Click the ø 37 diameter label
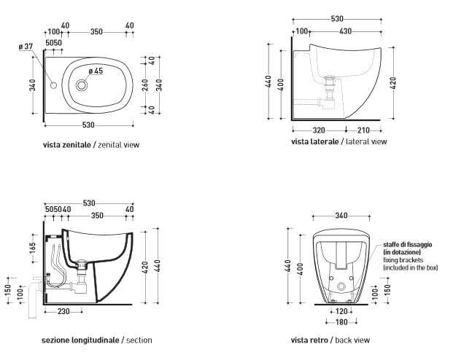26,46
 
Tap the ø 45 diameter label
96,71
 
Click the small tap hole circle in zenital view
53,85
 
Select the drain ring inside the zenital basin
82,85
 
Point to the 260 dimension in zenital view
145,85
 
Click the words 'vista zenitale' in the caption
67,144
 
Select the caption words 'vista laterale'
315,141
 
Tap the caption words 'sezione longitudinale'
80,340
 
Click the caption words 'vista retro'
309,340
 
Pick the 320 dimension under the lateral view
319,130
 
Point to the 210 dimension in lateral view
363,130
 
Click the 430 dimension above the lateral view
345,31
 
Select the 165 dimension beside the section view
32,249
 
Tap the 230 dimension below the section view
63,311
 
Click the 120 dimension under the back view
341,311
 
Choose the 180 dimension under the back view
341,322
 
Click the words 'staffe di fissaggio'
408,245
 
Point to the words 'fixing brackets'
403,260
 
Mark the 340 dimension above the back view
341,216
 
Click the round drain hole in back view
341,286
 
